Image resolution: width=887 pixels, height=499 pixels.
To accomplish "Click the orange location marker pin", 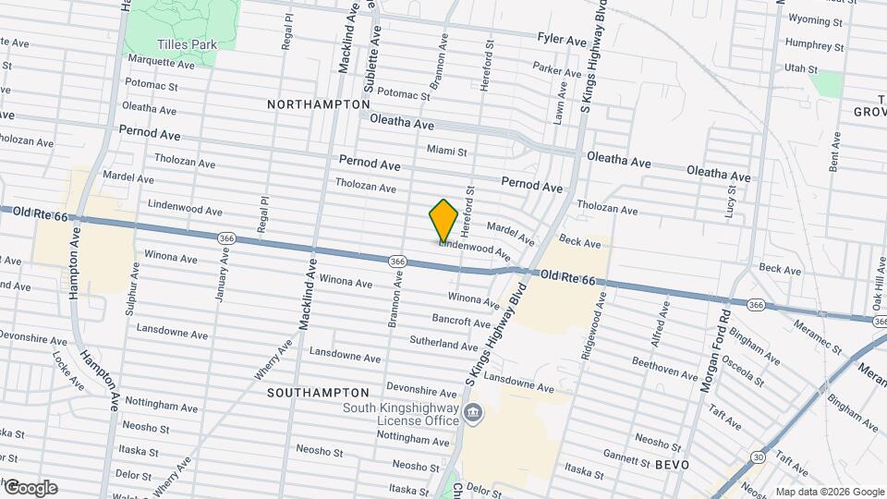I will pyautogui.click(x=443, y=221).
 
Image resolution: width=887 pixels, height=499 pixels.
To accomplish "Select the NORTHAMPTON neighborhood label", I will pyautogui.click(x=318, y=104).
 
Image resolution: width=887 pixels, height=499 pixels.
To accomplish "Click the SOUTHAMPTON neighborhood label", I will pyautogui.click(x=318, y=393).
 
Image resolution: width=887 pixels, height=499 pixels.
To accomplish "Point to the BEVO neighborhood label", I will pyautogui.click(x=672, y=464).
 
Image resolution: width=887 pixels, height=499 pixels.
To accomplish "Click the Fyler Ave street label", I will pyautogui.click(x=562, y=41).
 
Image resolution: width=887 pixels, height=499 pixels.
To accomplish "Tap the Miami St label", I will pyautogui.click(x=447, y=151).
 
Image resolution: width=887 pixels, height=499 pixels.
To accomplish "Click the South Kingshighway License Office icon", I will pyautogui.click(x=473, y=411).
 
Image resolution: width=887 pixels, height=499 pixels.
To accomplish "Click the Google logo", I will pyautogui.click(x=30, y=488).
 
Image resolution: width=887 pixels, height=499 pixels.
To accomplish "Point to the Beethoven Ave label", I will pyautogui.click(x=665, y=368).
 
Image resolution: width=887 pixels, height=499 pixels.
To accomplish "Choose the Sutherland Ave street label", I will pyautogui.click(x=443, y=344).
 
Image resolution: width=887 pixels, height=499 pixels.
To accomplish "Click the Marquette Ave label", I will pyautogui.click(x=162, y=64).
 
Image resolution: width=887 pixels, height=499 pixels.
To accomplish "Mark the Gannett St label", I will pyautogui.click(x=628, y=458).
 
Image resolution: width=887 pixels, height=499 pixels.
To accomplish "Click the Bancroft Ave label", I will pyautogui.click(x=461, y=323).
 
